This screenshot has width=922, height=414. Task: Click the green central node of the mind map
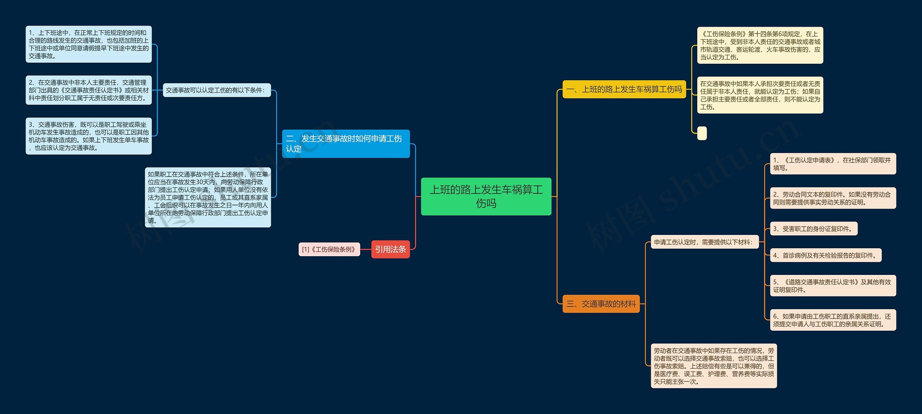(x=486, y=196)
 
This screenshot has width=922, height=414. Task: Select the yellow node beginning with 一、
(x=624, y=89)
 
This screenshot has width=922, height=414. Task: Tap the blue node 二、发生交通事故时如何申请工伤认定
(x=346, y=144)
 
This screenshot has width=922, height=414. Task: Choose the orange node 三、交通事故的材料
(x=601, y=304)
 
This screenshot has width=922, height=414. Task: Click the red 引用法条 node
(x=390, y=249)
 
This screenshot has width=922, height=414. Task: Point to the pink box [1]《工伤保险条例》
(x=329, y=249)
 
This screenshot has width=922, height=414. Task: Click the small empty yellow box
(x=702, y=133)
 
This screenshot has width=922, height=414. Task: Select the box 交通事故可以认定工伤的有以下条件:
(x=216, y=90)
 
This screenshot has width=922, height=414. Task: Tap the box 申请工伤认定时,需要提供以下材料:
(x=704, y=242)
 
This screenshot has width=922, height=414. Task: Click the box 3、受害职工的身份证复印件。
(x=814, y=229)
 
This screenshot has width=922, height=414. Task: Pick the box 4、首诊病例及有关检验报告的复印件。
(x=825, y=255)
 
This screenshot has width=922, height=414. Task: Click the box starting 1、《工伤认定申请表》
(x=833, y=164)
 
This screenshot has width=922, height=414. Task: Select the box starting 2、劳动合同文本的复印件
(x=833, y=198)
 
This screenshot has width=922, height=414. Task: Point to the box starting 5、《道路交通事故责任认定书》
(x=833, y=286)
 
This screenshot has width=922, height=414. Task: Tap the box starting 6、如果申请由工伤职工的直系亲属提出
(x=833, y=320)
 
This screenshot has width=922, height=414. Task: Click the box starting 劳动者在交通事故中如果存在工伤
(x=713, y=366)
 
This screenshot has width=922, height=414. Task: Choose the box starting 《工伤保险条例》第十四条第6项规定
(x=760, y=45)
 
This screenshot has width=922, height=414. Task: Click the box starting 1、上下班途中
(x=89, y=44)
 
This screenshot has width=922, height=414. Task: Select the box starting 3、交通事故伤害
(x=89, y=136)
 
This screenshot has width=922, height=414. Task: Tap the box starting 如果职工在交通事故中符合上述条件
(x=208, y=197)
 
